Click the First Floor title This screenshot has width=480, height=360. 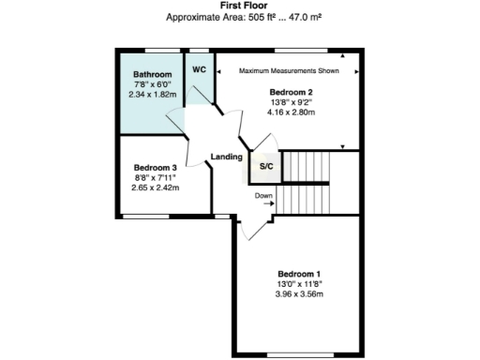240,6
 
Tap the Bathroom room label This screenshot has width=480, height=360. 152,73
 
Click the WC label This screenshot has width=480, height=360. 199,69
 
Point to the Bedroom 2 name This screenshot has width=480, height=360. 292,92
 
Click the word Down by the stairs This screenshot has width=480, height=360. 264,196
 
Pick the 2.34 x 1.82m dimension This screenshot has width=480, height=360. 152,94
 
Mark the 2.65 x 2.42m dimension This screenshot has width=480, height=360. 155,187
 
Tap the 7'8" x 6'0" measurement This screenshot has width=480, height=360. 152,83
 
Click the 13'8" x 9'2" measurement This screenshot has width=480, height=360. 292,102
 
